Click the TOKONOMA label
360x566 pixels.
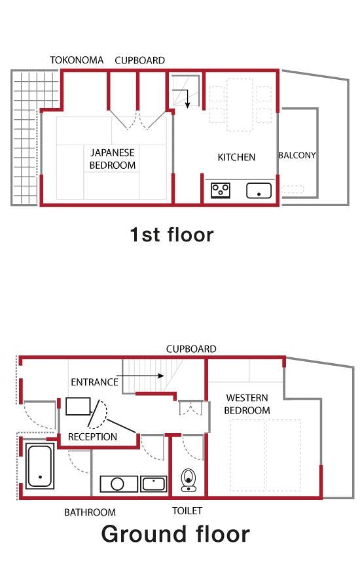click(x=77, y=60)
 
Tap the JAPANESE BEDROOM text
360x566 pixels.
click(x=113, y=159)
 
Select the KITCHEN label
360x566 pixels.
click(x=236, y=158)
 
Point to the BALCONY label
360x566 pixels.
click(x=297, y=155)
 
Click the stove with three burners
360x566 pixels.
click(x=221, y=190)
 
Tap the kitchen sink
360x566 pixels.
click(x=259, y=190)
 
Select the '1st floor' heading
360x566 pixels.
click(x=172, y=235)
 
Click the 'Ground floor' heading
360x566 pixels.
click(x=175, y=534)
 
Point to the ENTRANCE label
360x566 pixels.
click(x=95, y=382)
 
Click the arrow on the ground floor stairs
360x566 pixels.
click(x=140, y=376)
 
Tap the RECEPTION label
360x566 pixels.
click(x=92, y=437)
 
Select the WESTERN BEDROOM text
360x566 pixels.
click(x=247, y=404)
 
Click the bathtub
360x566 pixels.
click(x=40, y=466)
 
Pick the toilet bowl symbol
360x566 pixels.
click(x=188, y=480)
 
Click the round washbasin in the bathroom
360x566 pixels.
click(x=117, y=484)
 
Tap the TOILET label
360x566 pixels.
click(x=187, y=511)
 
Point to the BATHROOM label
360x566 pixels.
click(x=90, y=512)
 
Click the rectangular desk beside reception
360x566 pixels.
click(x=78, y=406)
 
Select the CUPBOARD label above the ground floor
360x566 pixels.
click(x=191, y=349)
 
